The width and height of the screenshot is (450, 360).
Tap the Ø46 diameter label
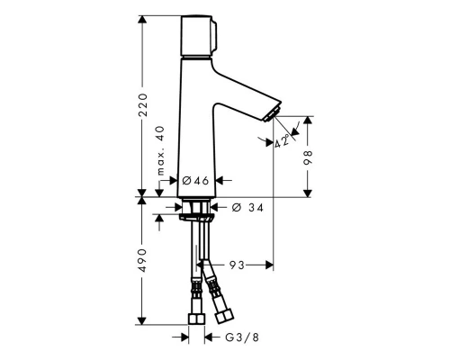point(195,181)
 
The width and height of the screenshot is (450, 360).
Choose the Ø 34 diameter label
point(248,209)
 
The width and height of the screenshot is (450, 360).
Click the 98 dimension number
point(309,155)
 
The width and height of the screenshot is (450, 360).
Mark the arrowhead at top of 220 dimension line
point(141,19)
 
